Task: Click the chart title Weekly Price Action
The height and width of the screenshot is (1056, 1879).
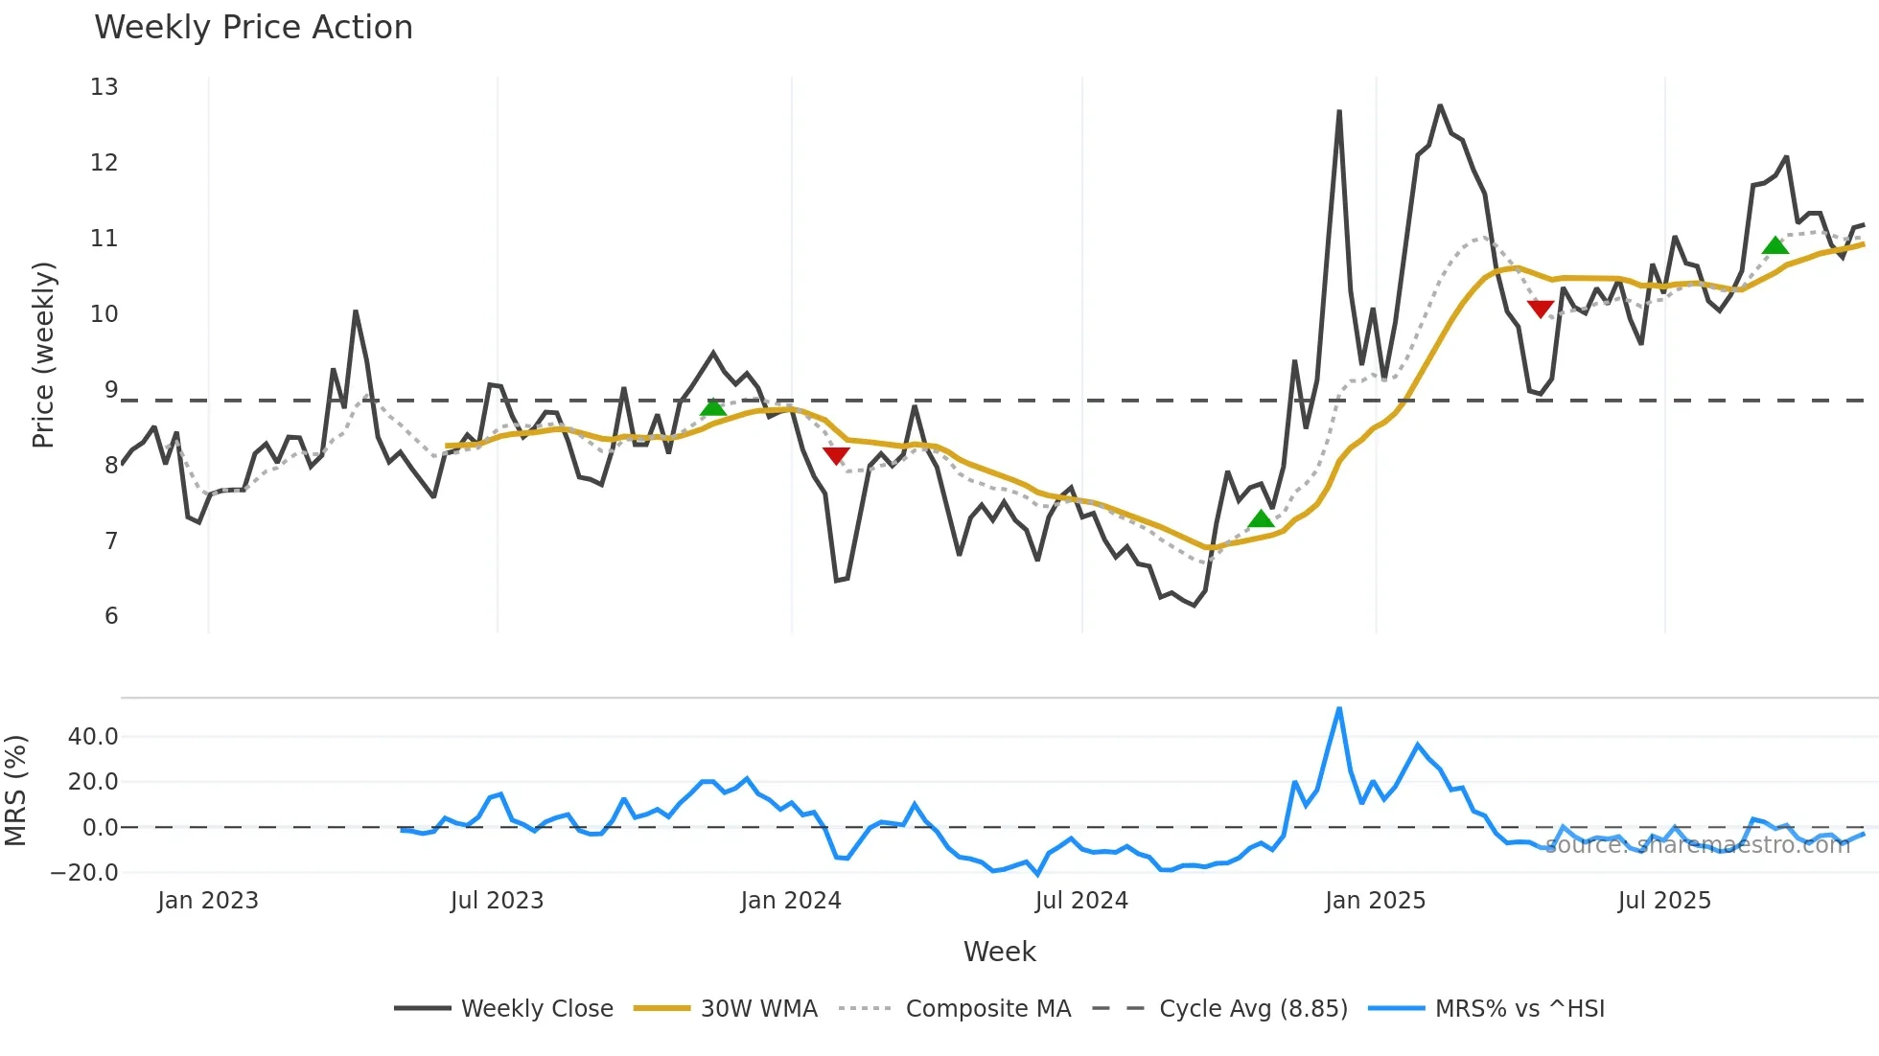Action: coord(253,28)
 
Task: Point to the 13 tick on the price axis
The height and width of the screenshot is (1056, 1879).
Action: coord(104,87)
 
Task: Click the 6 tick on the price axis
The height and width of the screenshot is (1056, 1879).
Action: coord(111,616)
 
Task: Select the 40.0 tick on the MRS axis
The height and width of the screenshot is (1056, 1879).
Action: coord(93,737)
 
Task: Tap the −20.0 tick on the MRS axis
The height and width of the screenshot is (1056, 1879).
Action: coord(84,873)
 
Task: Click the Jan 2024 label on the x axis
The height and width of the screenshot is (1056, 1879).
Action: coord(791,901)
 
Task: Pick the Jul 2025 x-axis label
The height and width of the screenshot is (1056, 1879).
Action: coord(1664,901)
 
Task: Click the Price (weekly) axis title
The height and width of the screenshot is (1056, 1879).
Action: coord(44,355)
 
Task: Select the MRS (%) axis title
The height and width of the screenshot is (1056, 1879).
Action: coord(15,791)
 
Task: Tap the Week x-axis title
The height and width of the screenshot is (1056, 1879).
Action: coord(999,952)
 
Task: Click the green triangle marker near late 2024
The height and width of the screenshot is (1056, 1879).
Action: coord(1261,519)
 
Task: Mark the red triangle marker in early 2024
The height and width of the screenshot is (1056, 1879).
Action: coord(836,455)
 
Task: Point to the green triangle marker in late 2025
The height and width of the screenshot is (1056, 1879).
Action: coord(1775,246)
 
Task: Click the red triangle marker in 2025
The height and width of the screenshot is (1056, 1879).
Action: coord(1540,309)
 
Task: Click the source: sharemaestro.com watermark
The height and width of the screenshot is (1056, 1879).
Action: coord(1697,845)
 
